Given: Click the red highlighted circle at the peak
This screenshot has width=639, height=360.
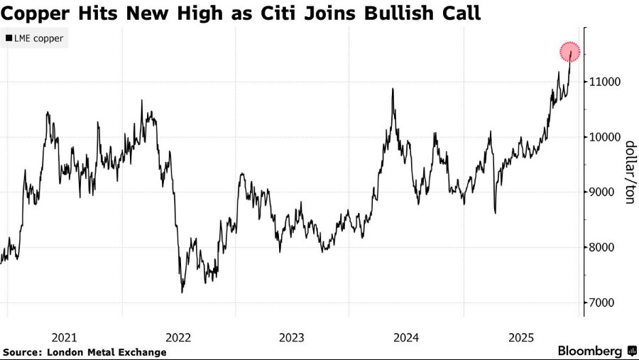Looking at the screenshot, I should (570, 52).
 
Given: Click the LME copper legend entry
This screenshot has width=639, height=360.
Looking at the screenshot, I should (38, 38).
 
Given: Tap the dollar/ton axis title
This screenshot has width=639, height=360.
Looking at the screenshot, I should (628, 173).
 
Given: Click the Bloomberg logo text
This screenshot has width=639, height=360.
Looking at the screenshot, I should (590, 351).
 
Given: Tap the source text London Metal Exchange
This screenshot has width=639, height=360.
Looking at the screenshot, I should (107, 352).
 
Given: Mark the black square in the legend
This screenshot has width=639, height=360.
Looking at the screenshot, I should (9, 38).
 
